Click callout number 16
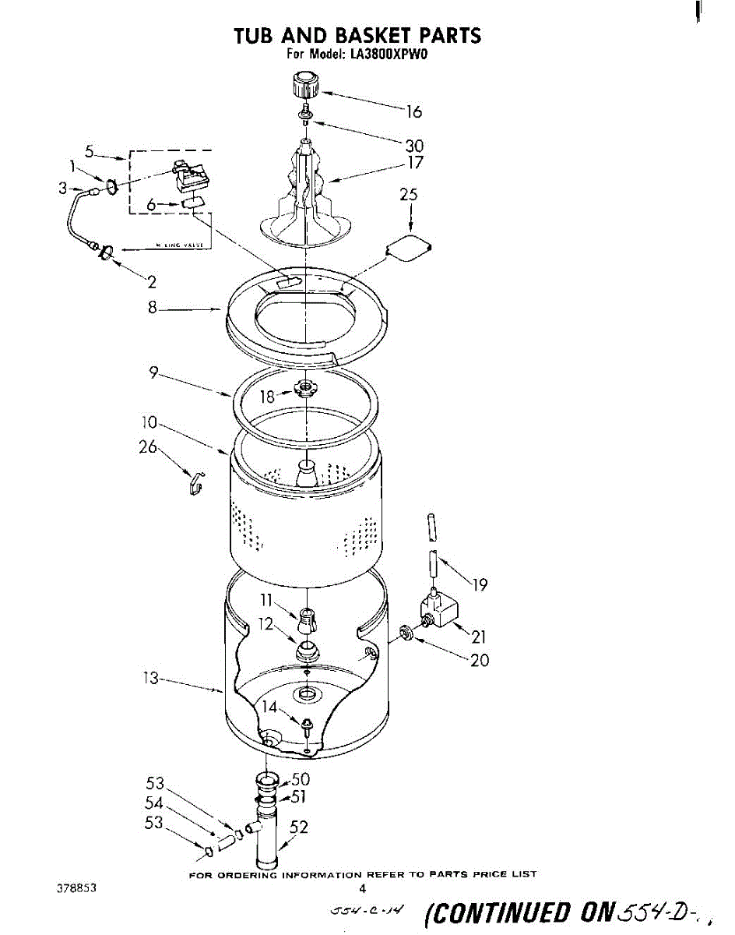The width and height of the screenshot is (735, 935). [x=413, y=112]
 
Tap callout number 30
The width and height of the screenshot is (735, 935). [x=414, y=145]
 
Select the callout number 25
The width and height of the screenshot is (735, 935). [x=408, y=195]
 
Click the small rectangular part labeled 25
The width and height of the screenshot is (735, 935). [x=408, y=249]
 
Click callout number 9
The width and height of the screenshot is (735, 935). [x=156, y=374]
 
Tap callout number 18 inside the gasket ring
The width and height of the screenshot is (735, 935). [x=268, y=396]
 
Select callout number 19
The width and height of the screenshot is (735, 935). [x=480, y=584]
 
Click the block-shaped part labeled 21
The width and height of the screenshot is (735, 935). [x=438, y=610]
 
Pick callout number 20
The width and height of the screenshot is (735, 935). [x=480, y=660]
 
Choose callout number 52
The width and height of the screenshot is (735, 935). [x=299, y=827]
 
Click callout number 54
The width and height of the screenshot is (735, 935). [x=154, y=803]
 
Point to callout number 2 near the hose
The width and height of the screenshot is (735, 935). [x=153, y=282]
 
